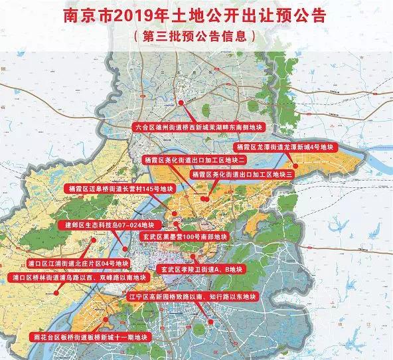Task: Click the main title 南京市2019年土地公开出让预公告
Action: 196,15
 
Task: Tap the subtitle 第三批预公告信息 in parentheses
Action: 196,35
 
